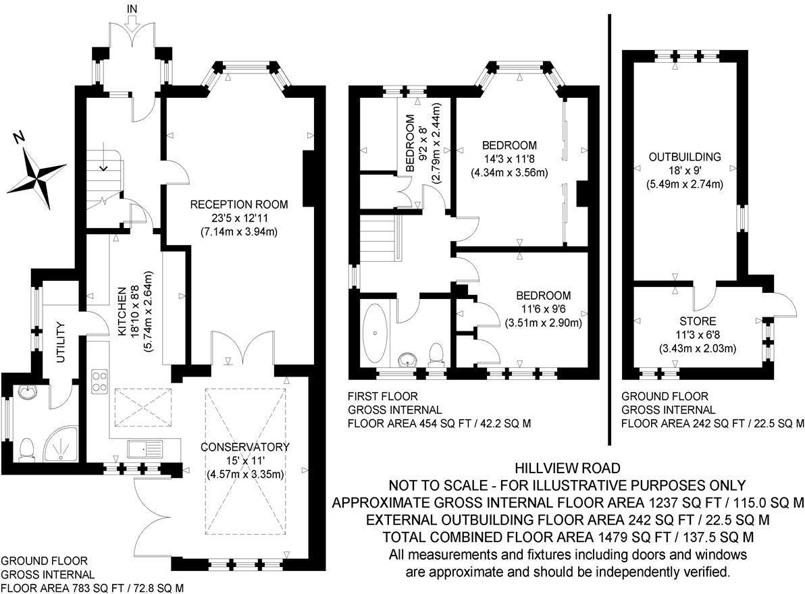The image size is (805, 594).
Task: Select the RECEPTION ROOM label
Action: click(x=238, y=205)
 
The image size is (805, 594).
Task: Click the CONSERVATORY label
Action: click(x=244, y=447)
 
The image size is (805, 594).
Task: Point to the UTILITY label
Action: click(x=59, y=342)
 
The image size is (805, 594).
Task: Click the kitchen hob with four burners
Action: click(x=99, y=380)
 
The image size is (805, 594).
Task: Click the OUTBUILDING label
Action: click(x=685, y=157)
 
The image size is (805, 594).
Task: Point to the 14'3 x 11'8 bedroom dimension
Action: click(x=509, y=159)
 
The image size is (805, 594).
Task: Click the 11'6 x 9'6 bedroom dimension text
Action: click(x=543, y=309)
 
